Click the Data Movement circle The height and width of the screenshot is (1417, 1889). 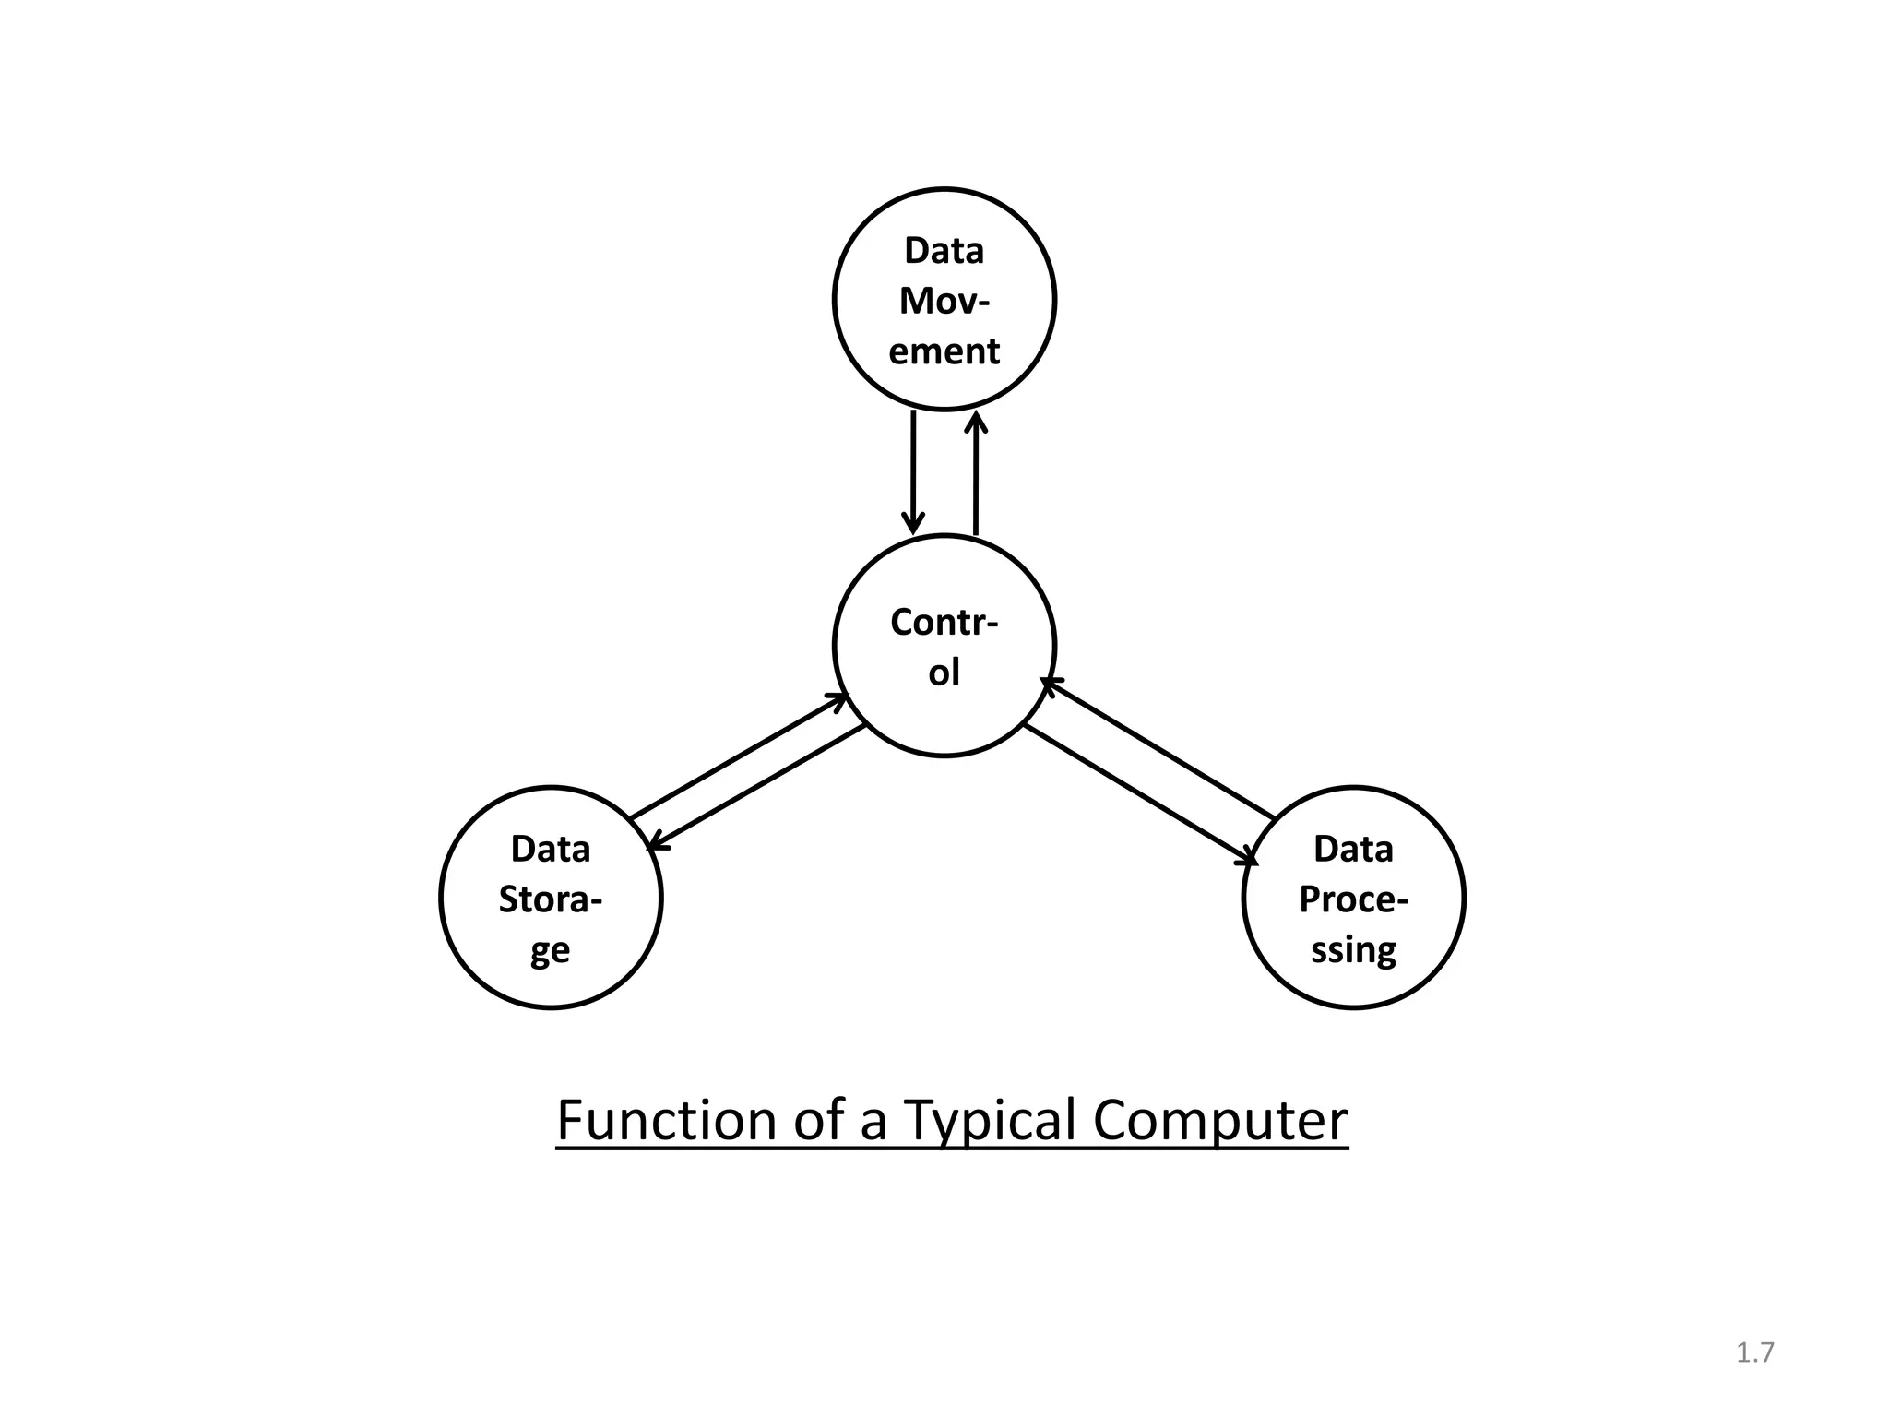click(944, 299)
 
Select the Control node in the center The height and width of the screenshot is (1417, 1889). click(944, 646)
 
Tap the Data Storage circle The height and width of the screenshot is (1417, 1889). click(551, 898)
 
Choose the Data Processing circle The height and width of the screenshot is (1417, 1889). click(1353, 898)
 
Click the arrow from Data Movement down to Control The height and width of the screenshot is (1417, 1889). click(913, 471)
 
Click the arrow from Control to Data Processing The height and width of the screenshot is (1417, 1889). click(1140, 794)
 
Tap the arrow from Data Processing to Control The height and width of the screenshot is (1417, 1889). click(1158, 749)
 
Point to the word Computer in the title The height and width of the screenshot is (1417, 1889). click(1219, 1121)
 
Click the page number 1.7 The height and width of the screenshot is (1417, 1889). click(1754, 1352)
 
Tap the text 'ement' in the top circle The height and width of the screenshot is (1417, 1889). click(944, 351)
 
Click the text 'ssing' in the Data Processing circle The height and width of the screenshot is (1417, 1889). click(1353, 949)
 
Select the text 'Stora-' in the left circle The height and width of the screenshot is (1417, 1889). click(550, 899)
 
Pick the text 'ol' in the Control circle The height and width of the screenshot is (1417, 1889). click(944, 673)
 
